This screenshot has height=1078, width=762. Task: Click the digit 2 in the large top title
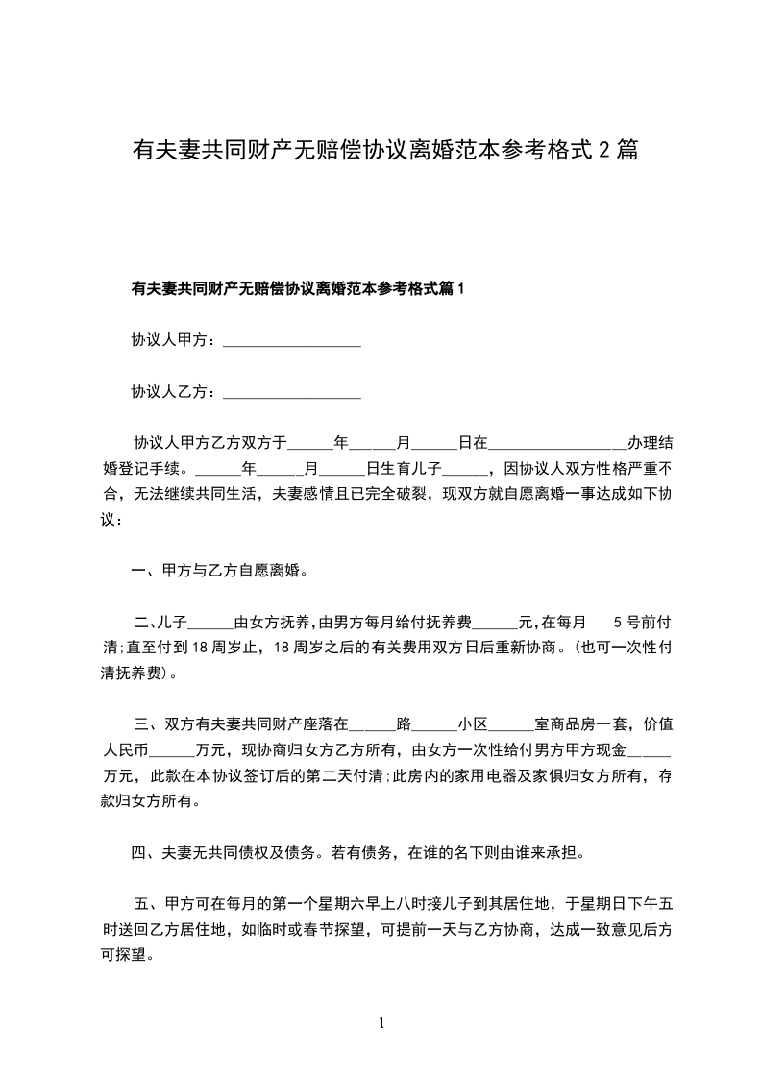(604, 150)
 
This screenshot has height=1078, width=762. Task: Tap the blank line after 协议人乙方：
(291, 392)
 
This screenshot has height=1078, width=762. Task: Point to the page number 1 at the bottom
(381, 1023)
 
